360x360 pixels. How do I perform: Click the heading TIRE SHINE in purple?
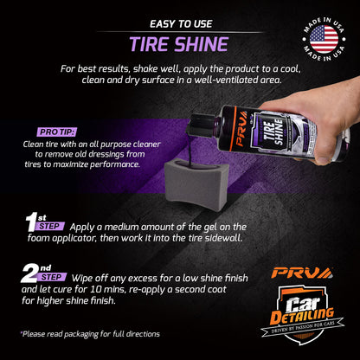179,44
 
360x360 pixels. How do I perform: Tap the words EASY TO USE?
181,24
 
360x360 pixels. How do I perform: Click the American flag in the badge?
324,39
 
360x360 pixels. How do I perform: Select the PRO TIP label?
57,132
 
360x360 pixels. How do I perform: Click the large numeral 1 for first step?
32,222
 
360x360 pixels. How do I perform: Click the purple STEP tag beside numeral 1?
50,226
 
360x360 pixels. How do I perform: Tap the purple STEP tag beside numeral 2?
52,277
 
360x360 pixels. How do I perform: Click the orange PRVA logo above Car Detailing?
302,273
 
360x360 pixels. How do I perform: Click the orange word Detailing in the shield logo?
302,317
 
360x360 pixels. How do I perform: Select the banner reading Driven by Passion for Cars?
303,327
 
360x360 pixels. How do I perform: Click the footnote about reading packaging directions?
90,334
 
